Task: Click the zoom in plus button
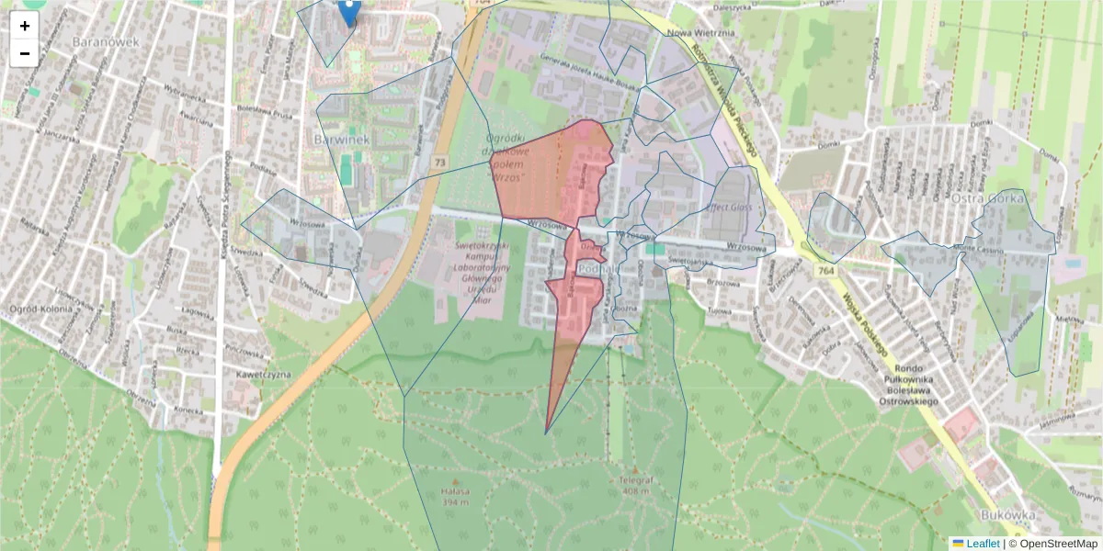25,26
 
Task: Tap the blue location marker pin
349,11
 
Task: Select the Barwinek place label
340,139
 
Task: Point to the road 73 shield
440,163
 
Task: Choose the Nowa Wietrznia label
700,34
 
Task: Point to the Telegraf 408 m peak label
634,486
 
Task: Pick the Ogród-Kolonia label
40,309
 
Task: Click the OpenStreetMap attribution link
1057,544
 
